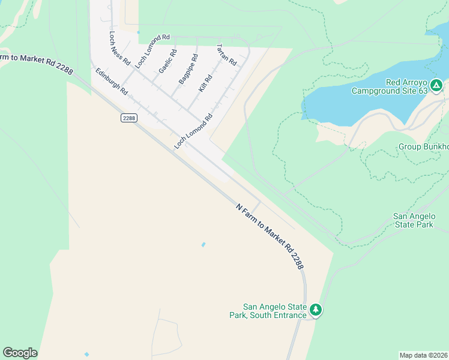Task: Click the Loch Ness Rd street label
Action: point(119,48)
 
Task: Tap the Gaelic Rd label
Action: point(167,61)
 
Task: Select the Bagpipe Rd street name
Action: point(188,69)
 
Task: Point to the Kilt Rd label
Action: point(205,83)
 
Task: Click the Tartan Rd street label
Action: point(226,55)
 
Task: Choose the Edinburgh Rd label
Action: point(112,81)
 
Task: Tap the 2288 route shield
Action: point(128,118)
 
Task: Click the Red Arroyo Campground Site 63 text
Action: point(390,86)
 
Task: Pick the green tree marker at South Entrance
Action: point(316,310)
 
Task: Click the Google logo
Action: point(20,353)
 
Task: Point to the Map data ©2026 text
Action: point(423,355)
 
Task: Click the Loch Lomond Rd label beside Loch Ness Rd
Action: point(152,50)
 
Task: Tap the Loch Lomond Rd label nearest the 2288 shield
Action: point(193,131)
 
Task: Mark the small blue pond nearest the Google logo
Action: point(87,355)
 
